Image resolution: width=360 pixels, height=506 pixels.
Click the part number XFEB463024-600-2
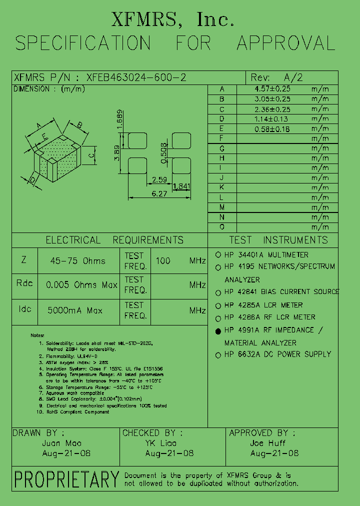136,77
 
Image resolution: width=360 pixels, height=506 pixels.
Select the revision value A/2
293,77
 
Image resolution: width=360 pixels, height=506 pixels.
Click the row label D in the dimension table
221,118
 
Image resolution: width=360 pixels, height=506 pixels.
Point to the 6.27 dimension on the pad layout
160,193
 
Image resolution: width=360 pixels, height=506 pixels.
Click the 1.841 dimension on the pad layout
181,186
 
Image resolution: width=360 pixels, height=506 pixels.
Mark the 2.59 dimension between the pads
159,179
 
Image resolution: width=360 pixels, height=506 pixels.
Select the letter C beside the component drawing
91,155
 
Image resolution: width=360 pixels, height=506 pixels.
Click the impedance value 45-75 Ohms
78,260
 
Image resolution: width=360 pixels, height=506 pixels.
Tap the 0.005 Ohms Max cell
81,285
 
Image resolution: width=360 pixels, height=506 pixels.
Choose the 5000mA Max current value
75,310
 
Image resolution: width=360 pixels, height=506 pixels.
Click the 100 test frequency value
163,260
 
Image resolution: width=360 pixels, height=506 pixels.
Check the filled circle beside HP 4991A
218,331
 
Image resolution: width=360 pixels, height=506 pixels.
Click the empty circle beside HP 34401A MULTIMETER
218,255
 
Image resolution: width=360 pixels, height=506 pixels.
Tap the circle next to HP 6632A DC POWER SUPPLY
218,355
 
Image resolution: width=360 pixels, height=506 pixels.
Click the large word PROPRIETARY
66,479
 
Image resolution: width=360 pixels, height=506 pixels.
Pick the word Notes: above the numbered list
37,335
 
